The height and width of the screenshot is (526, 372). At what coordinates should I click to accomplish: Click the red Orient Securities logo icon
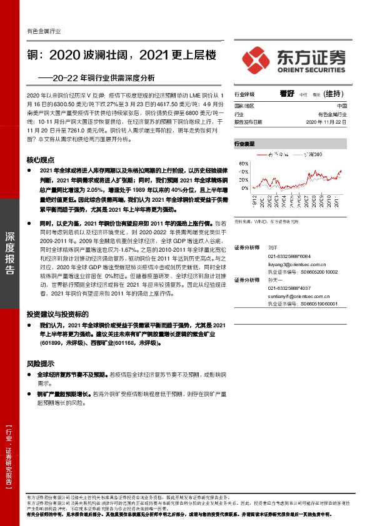[x=258, y=57]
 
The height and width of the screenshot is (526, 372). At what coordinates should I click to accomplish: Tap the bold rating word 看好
[x=287, y=93]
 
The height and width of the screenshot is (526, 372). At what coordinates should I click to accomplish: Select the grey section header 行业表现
[x=245, y=143]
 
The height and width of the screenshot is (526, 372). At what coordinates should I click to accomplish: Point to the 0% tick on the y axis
[x=244, y=187]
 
